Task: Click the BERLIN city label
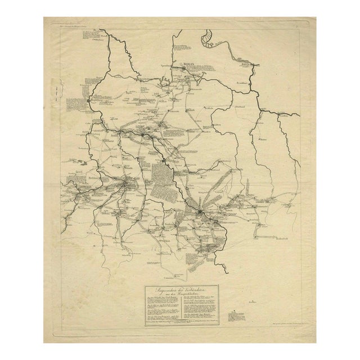pyautogui.click(x=186, y=65)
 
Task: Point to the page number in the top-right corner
pyautogui.click(x=304, y=24)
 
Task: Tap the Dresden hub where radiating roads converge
pyautogui.click(x=201, y=212)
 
